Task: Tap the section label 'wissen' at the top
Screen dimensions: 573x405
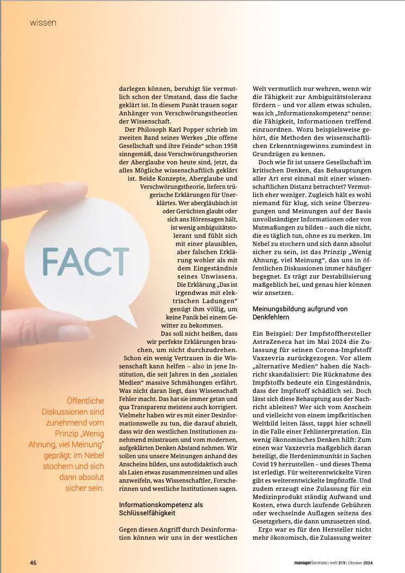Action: (x=43, y=23)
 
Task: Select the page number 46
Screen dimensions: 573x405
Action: (x=33, y=562)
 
